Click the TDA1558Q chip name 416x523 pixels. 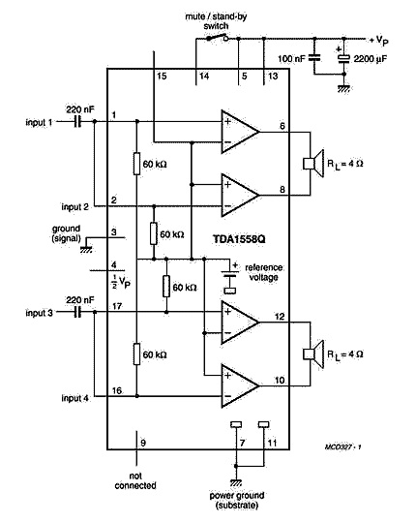[x=239, y=239]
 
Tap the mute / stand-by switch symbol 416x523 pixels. [x=217, y=38]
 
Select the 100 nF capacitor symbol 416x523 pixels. [x=314, y=58]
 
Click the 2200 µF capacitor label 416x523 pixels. [x=370, y=59]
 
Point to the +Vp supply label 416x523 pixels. [x=378, y=41]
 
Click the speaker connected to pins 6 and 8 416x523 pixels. [x=313, y=164]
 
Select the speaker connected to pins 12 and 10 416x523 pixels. [x=313, y=354]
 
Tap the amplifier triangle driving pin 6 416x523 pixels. [x=240, y=132]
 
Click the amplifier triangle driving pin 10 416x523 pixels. [x=240, y=385]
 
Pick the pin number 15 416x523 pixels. [x=162, y=77]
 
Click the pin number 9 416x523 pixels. [x=143, y=443]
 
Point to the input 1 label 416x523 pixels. [x=39, y=122]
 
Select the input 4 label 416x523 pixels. [x=74, y=398]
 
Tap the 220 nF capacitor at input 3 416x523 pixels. [x=77, y=312]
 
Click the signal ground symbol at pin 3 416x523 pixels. [x=86, y=249]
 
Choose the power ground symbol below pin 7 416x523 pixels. [x=236, y=482]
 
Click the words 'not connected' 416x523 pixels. [x=135, y=480]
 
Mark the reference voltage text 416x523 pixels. [x=264, y=272]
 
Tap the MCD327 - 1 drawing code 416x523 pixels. [x=343, y=446]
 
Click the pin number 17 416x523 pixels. [x=117, y=306]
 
